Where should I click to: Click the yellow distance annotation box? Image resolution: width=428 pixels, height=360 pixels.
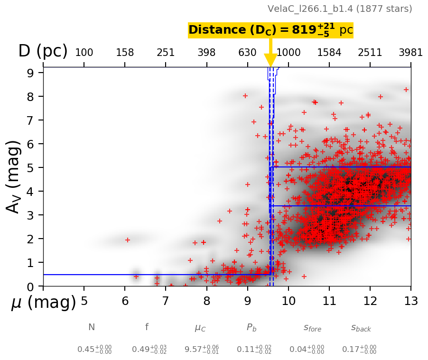270,30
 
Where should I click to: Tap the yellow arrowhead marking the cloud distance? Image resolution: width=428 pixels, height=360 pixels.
270,61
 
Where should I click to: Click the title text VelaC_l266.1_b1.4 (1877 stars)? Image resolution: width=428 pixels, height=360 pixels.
340,9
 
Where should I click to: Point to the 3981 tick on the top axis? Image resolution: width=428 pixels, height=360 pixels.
410,53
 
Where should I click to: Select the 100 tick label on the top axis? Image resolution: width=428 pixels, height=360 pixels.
84,53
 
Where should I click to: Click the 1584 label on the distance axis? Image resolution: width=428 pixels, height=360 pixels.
329,53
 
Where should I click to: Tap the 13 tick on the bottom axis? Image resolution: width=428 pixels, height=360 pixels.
410,301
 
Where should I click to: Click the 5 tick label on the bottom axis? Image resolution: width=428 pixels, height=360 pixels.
84,301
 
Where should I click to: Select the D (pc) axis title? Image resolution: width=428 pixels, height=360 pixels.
43,51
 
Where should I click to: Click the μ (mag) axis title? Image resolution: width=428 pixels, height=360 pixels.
44,303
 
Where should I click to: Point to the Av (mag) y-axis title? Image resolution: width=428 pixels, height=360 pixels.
14,177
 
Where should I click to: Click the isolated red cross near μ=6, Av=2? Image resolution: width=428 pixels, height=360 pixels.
127,240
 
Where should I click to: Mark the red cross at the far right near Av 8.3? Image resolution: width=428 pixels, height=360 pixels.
406,89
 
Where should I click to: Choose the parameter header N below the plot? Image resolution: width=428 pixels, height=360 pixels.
92,327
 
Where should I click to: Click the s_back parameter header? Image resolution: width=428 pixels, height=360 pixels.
361,327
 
